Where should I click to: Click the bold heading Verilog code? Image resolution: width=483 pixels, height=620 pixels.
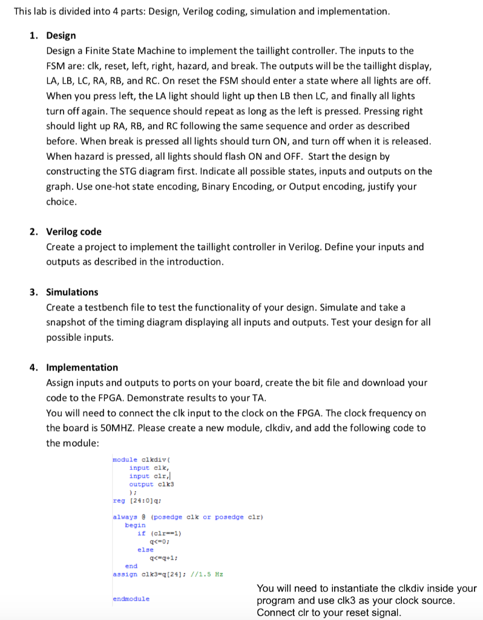(74, 232)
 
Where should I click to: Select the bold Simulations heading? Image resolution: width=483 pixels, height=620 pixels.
(72, 292)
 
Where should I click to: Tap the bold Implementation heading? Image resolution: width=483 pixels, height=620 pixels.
(82, 368)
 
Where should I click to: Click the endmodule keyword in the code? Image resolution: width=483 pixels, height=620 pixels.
(131, 599)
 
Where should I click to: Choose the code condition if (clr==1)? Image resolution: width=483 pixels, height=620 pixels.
(160, 533)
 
